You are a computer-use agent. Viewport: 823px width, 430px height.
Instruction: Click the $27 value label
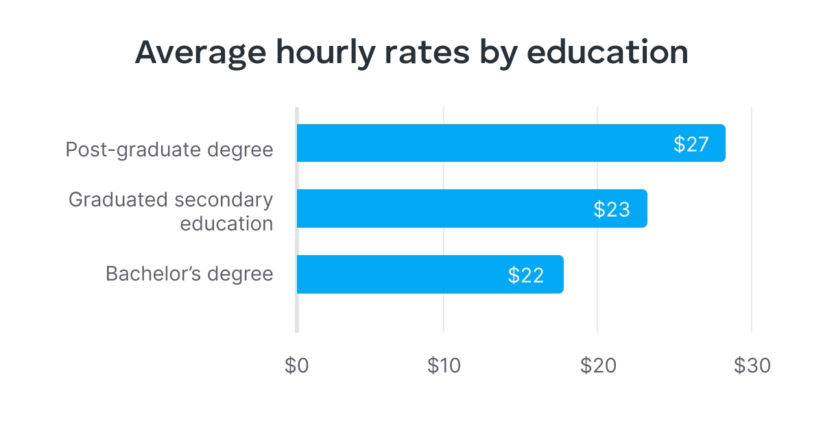(x=690, y=144)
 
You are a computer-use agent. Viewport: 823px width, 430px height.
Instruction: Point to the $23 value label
(x=612, y=209)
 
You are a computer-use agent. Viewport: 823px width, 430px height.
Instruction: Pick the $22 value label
(x=526, y=275)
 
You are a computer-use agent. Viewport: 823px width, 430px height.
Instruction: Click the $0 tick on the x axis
(x=297, y=366)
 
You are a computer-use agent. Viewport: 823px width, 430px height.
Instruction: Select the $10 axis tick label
(x=444, y=366)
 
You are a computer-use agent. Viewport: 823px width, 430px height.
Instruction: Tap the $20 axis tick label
(x=597, y=366)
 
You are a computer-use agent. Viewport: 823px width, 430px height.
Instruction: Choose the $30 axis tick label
(x=752, y=366)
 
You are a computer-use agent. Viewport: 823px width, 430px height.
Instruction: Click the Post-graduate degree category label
(x=169, y=150)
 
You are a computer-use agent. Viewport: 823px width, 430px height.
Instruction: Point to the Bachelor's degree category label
(x=189, y=274)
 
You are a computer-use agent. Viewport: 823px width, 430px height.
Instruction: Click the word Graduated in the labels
(x=118, y=200)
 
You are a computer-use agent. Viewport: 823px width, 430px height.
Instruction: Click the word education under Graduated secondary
(x=226, y=224)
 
